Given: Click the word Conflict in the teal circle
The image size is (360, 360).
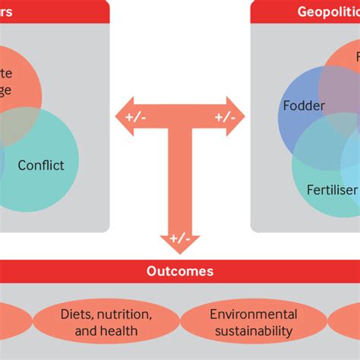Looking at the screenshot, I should (41, 164).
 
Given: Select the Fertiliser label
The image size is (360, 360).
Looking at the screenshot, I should (331, 189).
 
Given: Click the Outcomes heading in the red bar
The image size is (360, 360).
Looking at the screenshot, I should (179, 271).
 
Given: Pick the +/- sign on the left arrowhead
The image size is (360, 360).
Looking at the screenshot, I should (134, 117).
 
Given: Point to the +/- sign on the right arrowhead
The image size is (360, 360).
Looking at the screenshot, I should (225, 117).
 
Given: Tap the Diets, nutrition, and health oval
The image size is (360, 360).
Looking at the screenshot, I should (106, 322).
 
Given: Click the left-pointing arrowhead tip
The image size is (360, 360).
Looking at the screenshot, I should (116, 117).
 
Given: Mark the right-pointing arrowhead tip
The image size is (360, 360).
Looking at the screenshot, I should (244, 117).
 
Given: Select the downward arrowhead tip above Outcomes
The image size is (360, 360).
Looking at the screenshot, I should (180, 251).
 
